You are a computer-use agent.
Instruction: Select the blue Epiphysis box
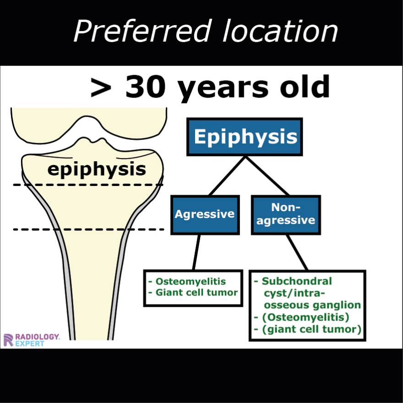(x=245, y=136)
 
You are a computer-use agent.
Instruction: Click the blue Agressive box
(x=205, y=214)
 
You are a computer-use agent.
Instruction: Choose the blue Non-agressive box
(x=286, y=214)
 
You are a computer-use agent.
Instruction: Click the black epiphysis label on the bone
(x=97, y=169)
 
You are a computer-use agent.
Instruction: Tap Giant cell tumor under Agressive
(x=196, y=292)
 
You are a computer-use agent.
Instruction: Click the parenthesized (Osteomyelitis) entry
(x=305, y=317)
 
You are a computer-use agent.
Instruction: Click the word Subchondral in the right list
(x=296, y=281)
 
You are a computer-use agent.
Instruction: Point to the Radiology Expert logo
(x=31, y=339)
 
